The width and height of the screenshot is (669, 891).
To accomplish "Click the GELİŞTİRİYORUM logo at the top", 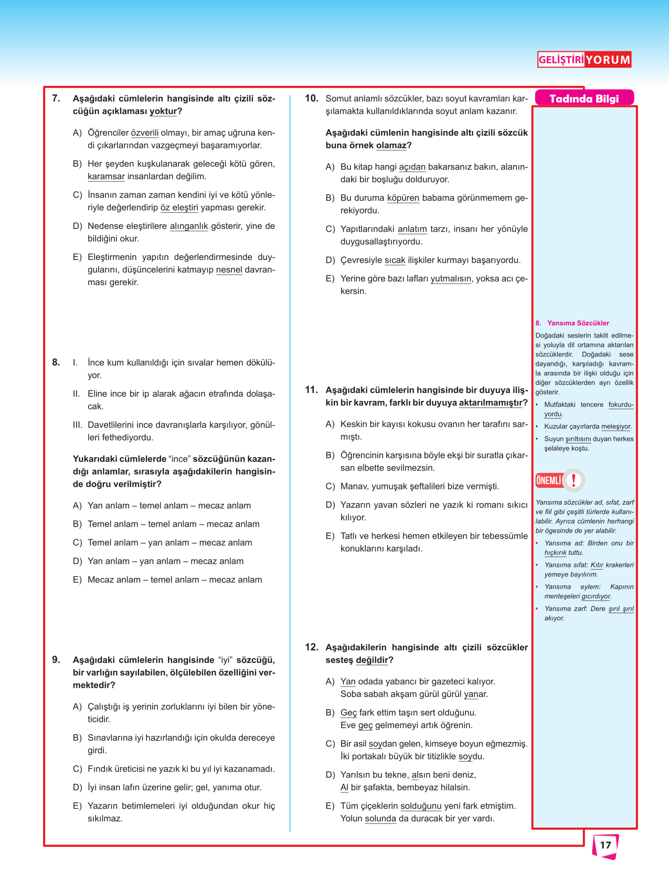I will pyautogui.click(x=584, y=60).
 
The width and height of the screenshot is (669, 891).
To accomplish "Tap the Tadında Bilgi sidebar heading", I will pyautogui.click(x=584, y=99).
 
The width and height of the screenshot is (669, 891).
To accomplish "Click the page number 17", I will pyautogui.click(x=606, y=845).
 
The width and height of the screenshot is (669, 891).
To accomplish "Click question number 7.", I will pyautogui.click(x=56, y=99).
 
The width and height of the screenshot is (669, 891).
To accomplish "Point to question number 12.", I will pyautogui.click(x=312, y=647).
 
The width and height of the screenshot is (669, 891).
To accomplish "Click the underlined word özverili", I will pyautogui.click(x=144, y=133).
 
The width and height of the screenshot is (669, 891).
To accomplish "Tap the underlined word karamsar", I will pyautogui.click(x=106, y=177).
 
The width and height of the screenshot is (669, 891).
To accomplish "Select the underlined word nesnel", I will pyautogui.click(x=229, y=270).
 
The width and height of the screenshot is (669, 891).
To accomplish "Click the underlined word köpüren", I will pyautogui.click(x=403, y=198).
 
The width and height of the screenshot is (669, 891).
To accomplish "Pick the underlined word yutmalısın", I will pyautogui.click(x=451, y=279).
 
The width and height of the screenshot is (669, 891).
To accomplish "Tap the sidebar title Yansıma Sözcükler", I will pyautogui.click(x=578, y=323).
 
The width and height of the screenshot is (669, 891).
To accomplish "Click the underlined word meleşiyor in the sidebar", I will pyautogui.click(x=615, y=427).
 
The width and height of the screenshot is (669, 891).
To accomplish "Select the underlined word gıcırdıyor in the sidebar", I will pyautogui.click(x=596, y=596).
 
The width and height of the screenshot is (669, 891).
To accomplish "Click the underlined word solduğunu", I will pyautogui.click(x=421, y=806).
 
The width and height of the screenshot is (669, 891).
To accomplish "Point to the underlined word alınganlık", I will pyautogui.click(x=189, y=226).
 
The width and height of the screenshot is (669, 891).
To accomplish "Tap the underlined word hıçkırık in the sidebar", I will pyautogui.click(x=556, y=553).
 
